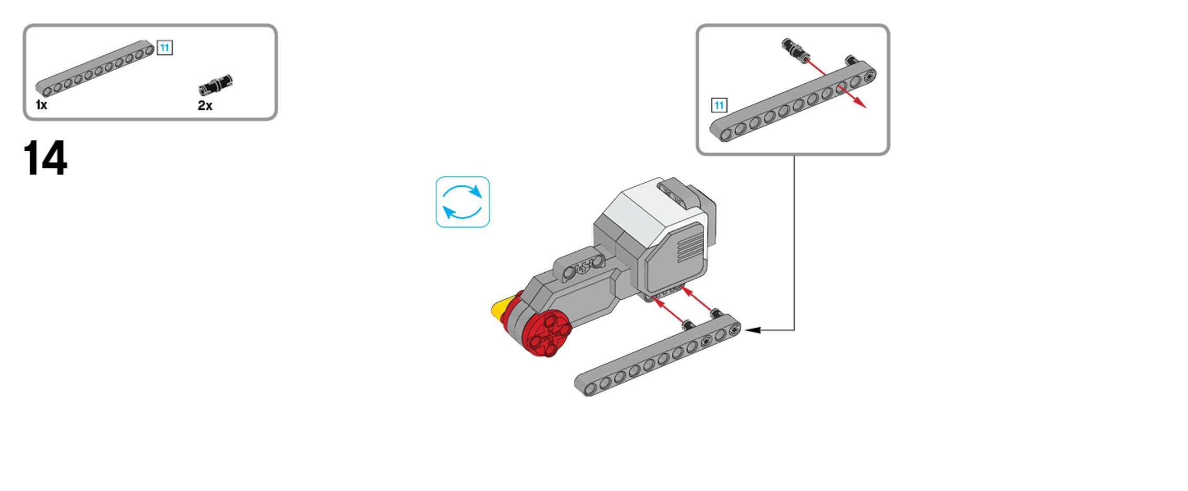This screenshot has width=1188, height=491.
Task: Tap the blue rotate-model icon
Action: point(462,202)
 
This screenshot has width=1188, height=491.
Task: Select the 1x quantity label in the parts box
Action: point(41,105)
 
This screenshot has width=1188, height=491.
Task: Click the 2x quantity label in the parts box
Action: point(205,106)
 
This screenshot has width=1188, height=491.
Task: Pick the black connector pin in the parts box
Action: point(215,84)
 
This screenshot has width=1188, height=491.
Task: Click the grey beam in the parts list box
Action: point(95,69)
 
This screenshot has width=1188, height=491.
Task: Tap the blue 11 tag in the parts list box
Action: point(165,48)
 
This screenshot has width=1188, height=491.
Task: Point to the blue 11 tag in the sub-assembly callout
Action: point(719,105)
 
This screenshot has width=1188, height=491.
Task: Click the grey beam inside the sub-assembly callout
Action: point(793,102)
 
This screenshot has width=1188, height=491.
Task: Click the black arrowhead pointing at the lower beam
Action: point(752,330)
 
